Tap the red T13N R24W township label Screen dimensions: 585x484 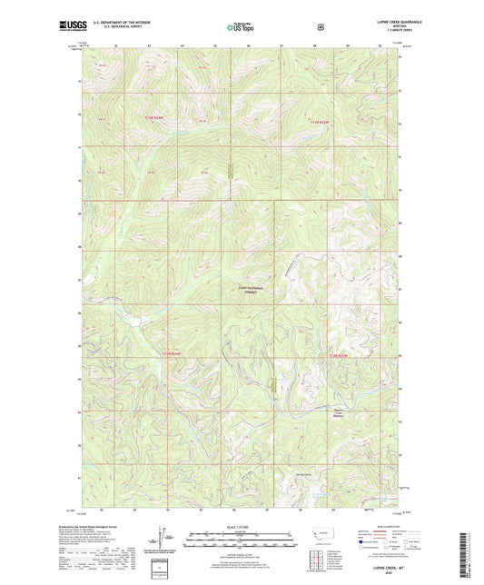[157, 115]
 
